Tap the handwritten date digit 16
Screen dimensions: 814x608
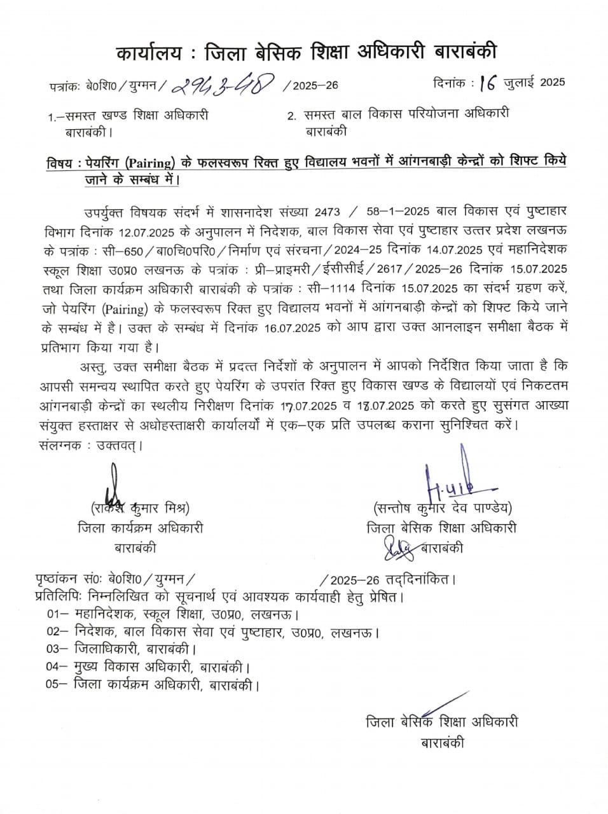click(x=488, y=83)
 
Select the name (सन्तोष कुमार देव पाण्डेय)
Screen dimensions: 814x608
click(x=443, y=508)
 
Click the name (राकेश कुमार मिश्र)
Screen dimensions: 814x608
click(x=139, y=509)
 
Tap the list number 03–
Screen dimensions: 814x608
click(x=57, y=650)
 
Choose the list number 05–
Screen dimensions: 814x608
click(x=57, y=685)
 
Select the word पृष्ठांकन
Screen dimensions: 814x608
click(x=57, y=580)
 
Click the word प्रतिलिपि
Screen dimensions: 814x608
click(x=57, y=598)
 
